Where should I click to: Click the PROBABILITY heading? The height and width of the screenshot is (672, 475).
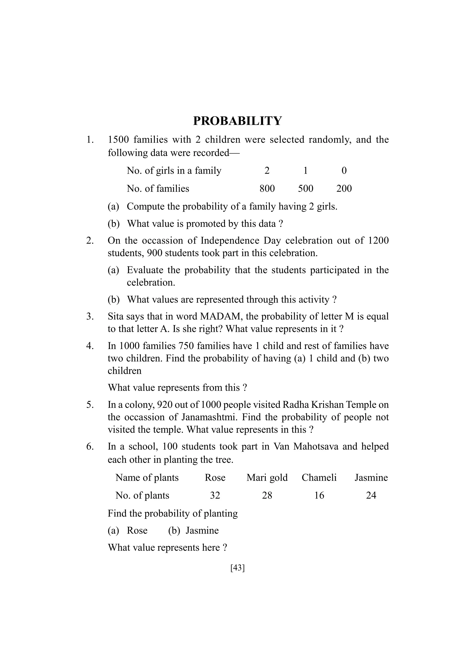coord(237,121)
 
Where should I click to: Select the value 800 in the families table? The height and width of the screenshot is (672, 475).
coord(267,189)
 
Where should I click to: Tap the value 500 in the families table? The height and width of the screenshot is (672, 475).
coord(305,189)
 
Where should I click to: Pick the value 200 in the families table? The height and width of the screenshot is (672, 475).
coord(344,189)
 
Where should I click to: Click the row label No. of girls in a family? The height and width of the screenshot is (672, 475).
coord(174,170)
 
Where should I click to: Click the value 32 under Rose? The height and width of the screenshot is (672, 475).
coord(215,495)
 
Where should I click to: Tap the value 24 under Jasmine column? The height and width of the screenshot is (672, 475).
coord(371,495)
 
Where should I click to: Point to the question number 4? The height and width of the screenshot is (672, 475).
coord(90,346)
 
